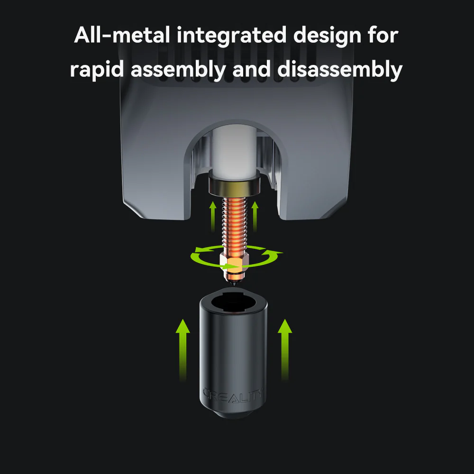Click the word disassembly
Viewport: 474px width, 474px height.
click(339, 69)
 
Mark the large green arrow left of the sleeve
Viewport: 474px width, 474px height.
click(182, 348)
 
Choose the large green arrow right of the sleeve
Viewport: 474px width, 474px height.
click(284, 348)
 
